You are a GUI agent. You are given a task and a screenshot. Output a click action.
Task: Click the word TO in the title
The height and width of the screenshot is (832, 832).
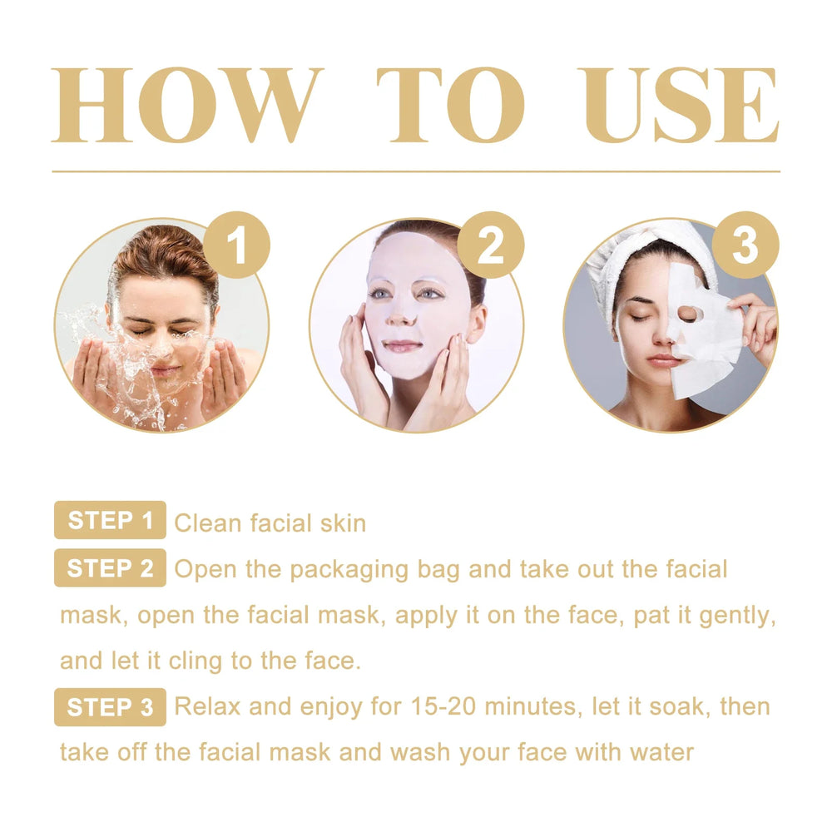(x=450, y=106)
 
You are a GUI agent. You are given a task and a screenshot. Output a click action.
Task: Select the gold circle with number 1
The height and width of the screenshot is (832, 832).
(x=236, y=245)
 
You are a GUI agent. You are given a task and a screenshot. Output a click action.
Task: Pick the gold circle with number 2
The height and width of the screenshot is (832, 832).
(x=491, y=245)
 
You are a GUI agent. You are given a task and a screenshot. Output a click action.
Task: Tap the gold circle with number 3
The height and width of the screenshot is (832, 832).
(x=745, y=245)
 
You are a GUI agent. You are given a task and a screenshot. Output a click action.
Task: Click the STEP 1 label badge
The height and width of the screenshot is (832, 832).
(x=110, y=521)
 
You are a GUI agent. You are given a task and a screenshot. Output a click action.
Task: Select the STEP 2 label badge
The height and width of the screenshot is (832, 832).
(x=110, y=568)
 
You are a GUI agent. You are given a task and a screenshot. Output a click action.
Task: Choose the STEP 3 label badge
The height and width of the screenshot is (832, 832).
(x=110, y=707)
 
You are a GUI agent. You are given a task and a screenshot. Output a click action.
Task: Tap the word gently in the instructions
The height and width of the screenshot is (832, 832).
(x=735, y=617)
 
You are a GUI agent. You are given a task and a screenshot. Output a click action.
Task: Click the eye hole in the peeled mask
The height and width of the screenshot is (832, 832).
(x=687, y=314)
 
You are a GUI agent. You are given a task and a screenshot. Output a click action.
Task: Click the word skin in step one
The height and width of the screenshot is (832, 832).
(x=343, y=522)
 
